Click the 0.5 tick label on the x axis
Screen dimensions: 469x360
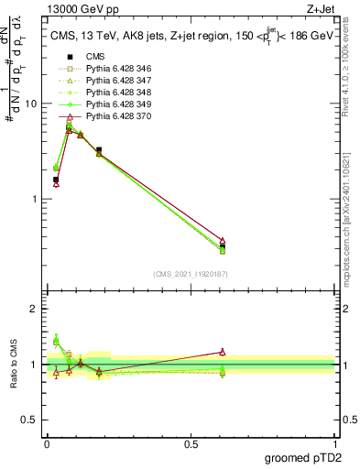point(191,443)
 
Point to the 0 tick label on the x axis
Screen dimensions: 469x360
point(47,443)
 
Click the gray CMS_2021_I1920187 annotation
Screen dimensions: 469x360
point(191,273)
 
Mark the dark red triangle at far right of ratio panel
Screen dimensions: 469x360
point(223,352)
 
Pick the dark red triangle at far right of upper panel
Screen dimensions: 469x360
point(223,240)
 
